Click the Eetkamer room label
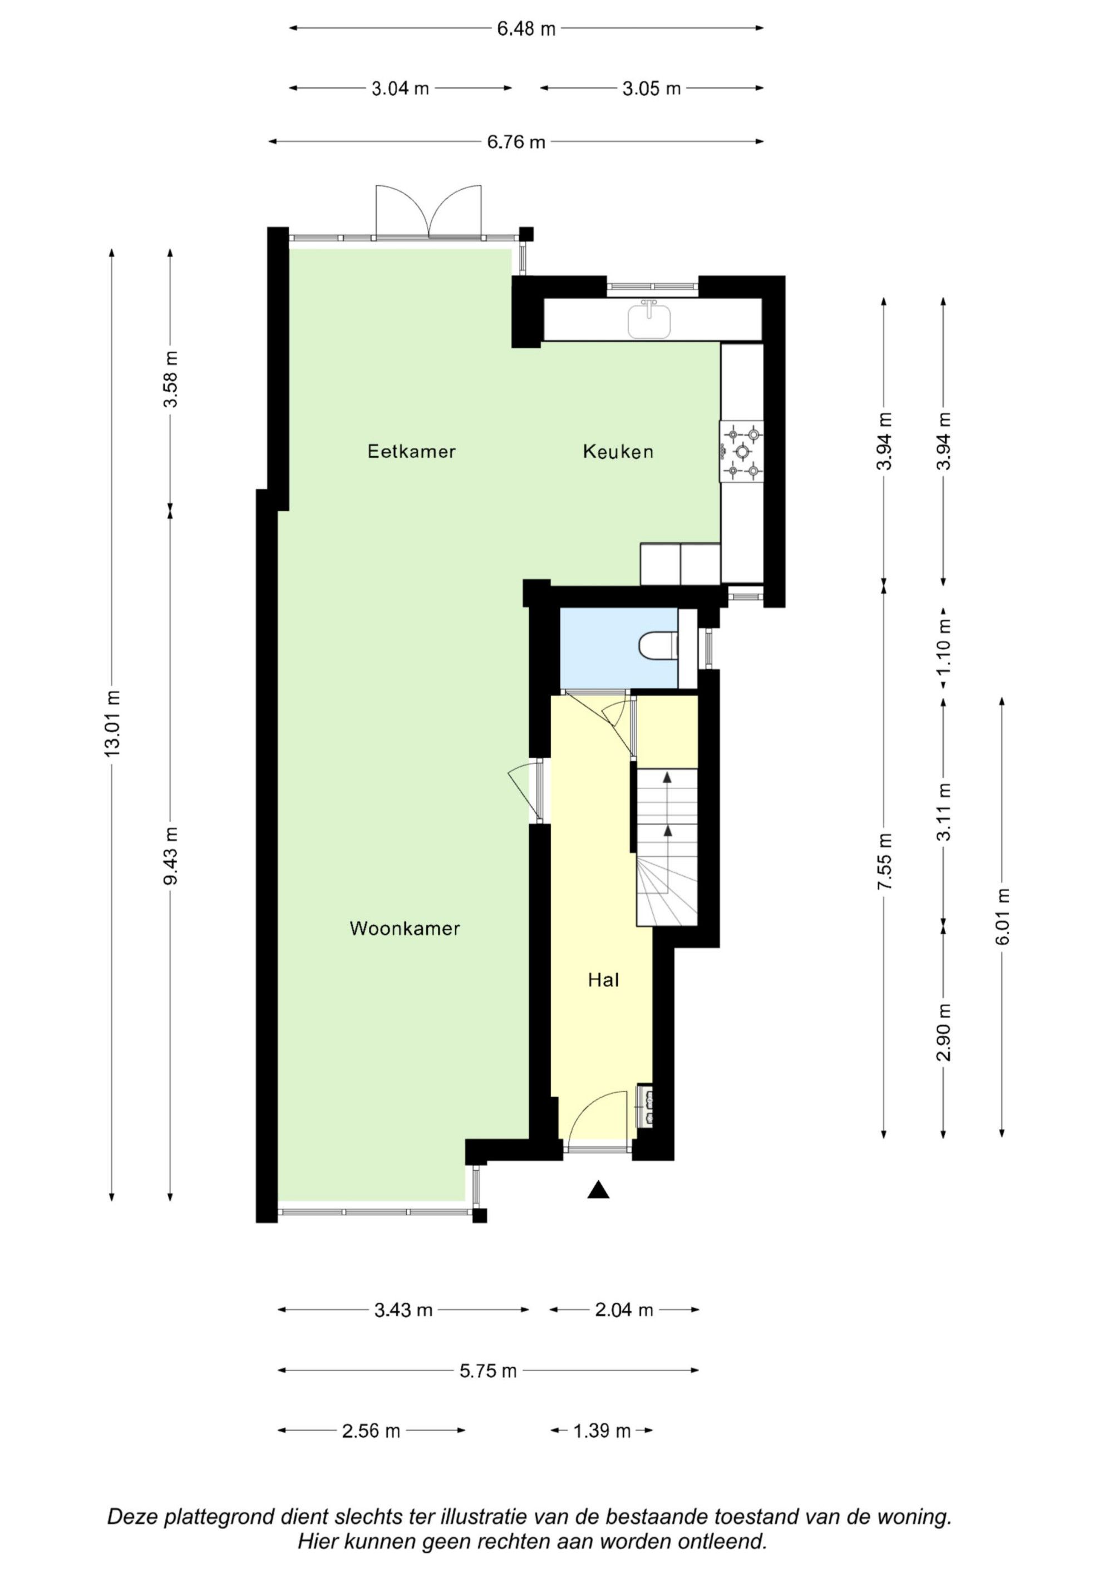pos(411,451)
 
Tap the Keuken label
pos(618,451)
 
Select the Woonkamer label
pos(405,928)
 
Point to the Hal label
pos(603,980)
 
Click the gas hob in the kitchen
pos(741,452)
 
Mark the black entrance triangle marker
pos(599,1190)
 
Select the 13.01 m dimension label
pos(111,723)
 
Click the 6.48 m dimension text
pos(526,29)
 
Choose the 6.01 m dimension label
pos(1003,916)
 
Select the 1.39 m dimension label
pos(602,1430)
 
